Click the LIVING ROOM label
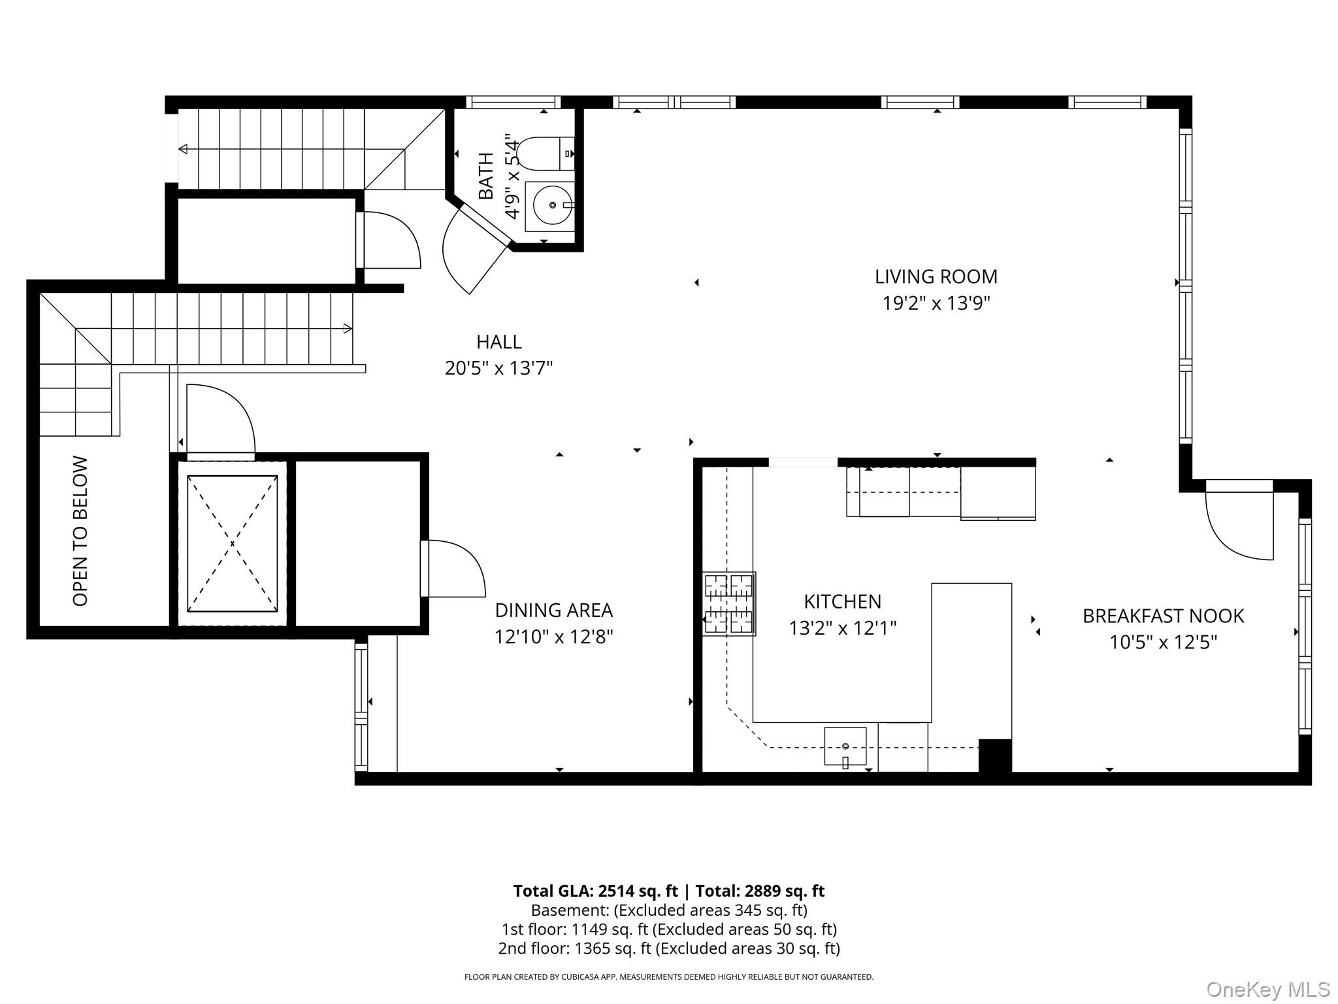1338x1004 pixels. coord(936,276)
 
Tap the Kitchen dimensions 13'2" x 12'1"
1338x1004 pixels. coord(843,628)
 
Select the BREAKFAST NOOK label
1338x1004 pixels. coord(1164,616)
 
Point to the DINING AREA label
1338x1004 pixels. coord(554,610)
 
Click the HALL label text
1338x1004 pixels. coord(499,342)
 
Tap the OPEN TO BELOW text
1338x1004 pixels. coord(80,531)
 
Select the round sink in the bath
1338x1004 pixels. coord(553,205)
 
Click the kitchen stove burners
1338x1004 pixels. coord(729,604)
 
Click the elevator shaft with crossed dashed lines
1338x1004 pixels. coord(232,543)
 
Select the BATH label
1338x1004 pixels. coord(486,176)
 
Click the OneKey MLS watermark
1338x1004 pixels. coord(1268,990)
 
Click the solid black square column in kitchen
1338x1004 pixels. coord(995,756)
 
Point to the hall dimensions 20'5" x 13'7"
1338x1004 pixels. coord(499,369)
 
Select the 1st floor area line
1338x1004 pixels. coord(669,929)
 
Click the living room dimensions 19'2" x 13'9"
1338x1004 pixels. coord(937,303)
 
